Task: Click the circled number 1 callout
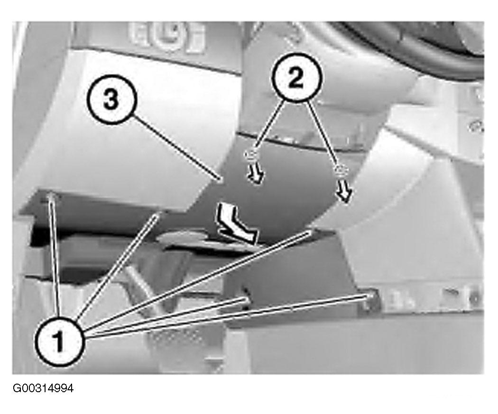point(59,341)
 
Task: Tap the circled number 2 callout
point(296,77)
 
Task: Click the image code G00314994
point(43,388)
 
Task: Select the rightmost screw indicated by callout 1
point(369,296)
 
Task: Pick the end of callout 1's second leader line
point(156,216)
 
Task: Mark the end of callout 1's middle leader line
point(309,233)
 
